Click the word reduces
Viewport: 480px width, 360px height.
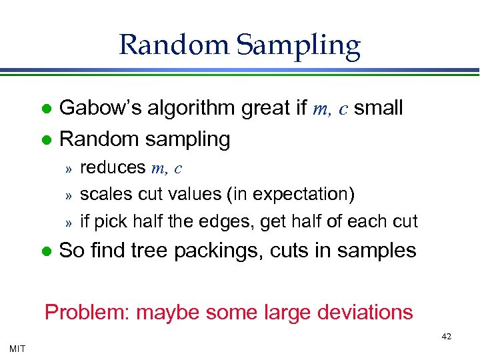pyautogui.click(x=113, y=168)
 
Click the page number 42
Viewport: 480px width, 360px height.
pyautogui.click(x=446, y=337)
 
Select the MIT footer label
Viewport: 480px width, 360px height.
pyautogui.click(x=17, y=348)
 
